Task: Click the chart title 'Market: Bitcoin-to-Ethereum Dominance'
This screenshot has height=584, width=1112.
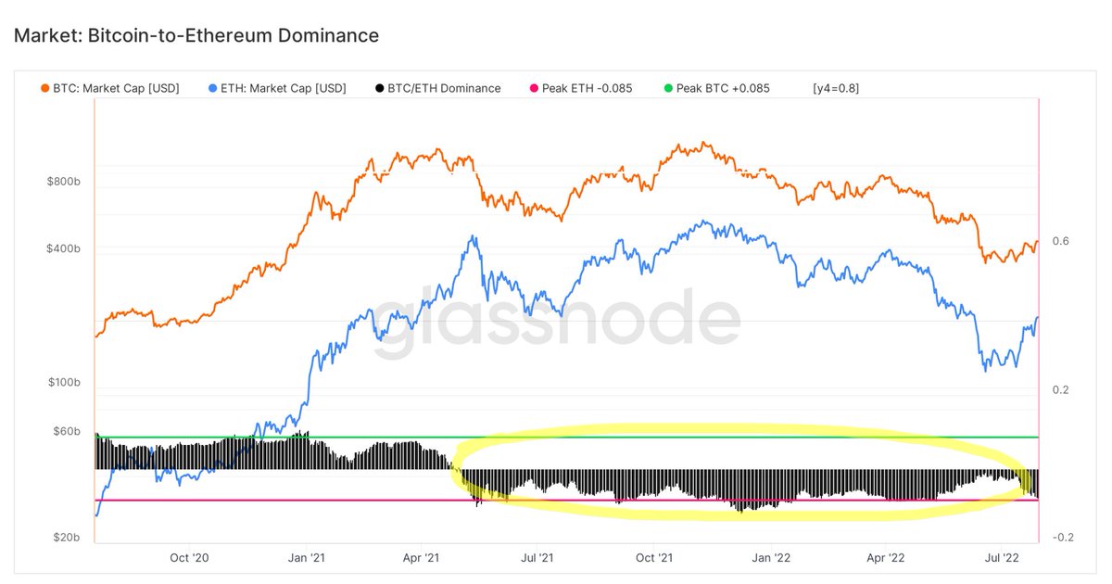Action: point(196,36)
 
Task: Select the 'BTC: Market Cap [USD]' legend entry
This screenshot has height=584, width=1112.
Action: point(116,88)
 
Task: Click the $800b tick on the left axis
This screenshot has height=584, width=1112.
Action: point(63,183)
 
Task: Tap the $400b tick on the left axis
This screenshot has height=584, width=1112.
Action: point(63,249)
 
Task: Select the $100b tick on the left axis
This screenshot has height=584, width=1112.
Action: point(63,383)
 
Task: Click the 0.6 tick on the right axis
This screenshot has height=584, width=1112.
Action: point(1061,241)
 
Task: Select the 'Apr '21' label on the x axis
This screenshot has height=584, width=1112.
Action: point(421,558)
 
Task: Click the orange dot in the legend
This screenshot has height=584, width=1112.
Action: point(44,88)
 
